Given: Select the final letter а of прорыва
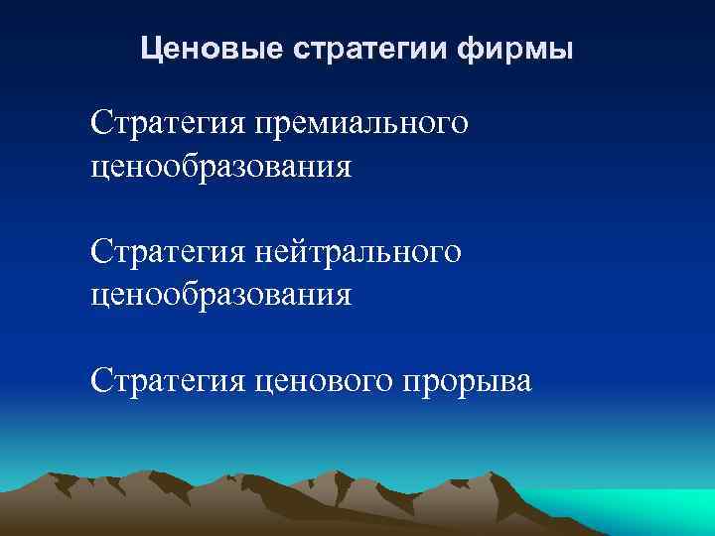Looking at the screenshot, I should [x=523, y=383].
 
